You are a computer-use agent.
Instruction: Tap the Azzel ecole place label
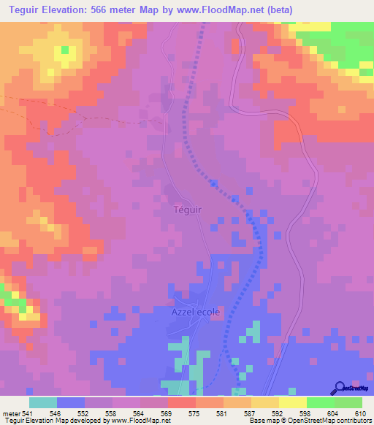(195, 311)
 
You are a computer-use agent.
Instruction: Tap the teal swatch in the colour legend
(42, 402)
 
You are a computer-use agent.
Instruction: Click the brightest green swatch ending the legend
(348, 402)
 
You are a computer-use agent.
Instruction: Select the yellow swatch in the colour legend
(293, 402)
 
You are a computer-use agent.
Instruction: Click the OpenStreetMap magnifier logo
(339, 388)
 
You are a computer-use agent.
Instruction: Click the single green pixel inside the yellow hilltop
(64, 50)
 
